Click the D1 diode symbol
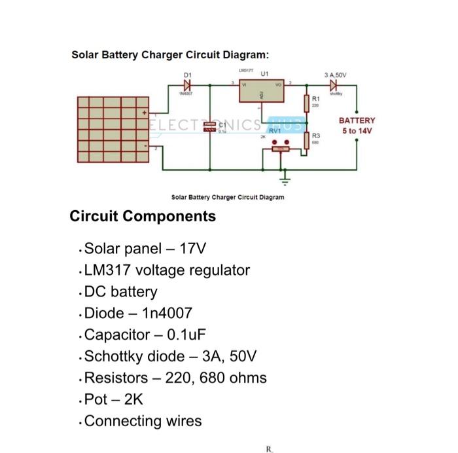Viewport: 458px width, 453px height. pos(188,85)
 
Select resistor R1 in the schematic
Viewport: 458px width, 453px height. pos(306,103)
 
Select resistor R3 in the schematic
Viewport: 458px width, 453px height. pos(306,139)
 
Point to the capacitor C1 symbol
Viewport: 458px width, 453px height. pos(210,127)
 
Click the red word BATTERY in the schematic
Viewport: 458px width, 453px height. pos(357,120)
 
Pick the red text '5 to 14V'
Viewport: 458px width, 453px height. pos(357,130)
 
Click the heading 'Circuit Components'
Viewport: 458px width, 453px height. pos(143,216)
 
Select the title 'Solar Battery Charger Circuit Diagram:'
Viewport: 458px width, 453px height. pos(170,54)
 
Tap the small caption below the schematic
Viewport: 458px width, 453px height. pos(228,196)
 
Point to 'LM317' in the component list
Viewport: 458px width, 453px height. pos(107,270)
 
